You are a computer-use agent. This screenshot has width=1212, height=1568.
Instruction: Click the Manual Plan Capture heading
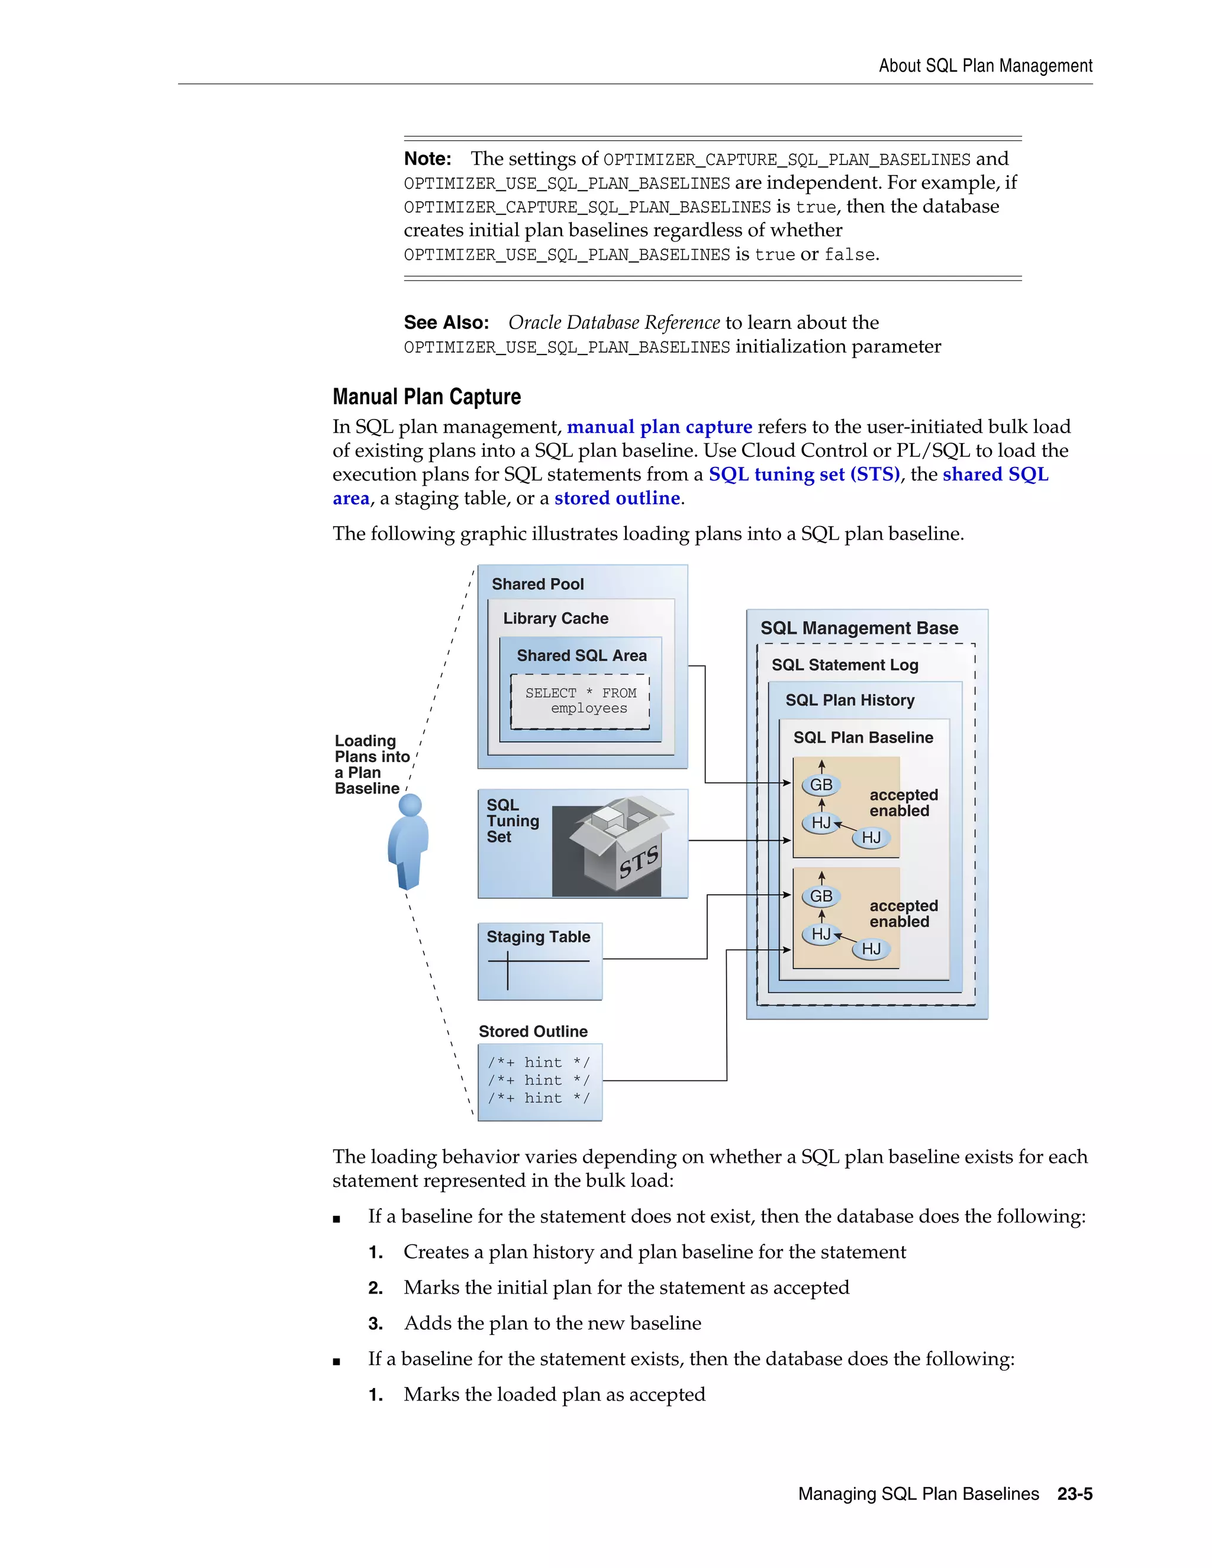pos(427,396)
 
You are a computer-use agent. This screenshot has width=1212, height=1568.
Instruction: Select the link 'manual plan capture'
pos(659,427)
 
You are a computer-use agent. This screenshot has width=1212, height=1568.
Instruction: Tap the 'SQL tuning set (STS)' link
pos(804,475)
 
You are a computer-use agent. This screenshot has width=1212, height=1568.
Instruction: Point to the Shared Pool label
pos(537,585)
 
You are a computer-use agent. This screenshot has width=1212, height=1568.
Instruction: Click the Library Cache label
pos(555,618)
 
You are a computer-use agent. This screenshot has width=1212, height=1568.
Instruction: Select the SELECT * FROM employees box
pos(580,701)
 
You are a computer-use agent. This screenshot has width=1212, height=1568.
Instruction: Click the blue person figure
pos(408,841)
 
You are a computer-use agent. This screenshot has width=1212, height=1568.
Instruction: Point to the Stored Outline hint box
pos(539,1081)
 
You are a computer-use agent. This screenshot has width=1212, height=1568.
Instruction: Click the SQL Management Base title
pos(859,628)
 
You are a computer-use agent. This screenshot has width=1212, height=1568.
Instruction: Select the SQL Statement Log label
pos(844,665)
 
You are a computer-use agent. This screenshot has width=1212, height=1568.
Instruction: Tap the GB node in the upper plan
pos(821,785)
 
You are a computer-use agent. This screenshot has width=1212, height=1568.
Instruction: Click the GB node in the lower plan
pos(821,896)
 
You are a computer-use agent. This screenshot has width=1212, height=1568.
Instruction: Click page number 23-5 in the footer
pos(1074,1494)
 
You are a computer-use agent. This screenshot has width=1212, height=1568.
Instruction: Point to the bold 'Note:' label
pos(427,159)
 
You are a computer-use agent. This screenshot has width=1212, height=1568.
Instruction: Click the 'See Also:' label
pos(446,322)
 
